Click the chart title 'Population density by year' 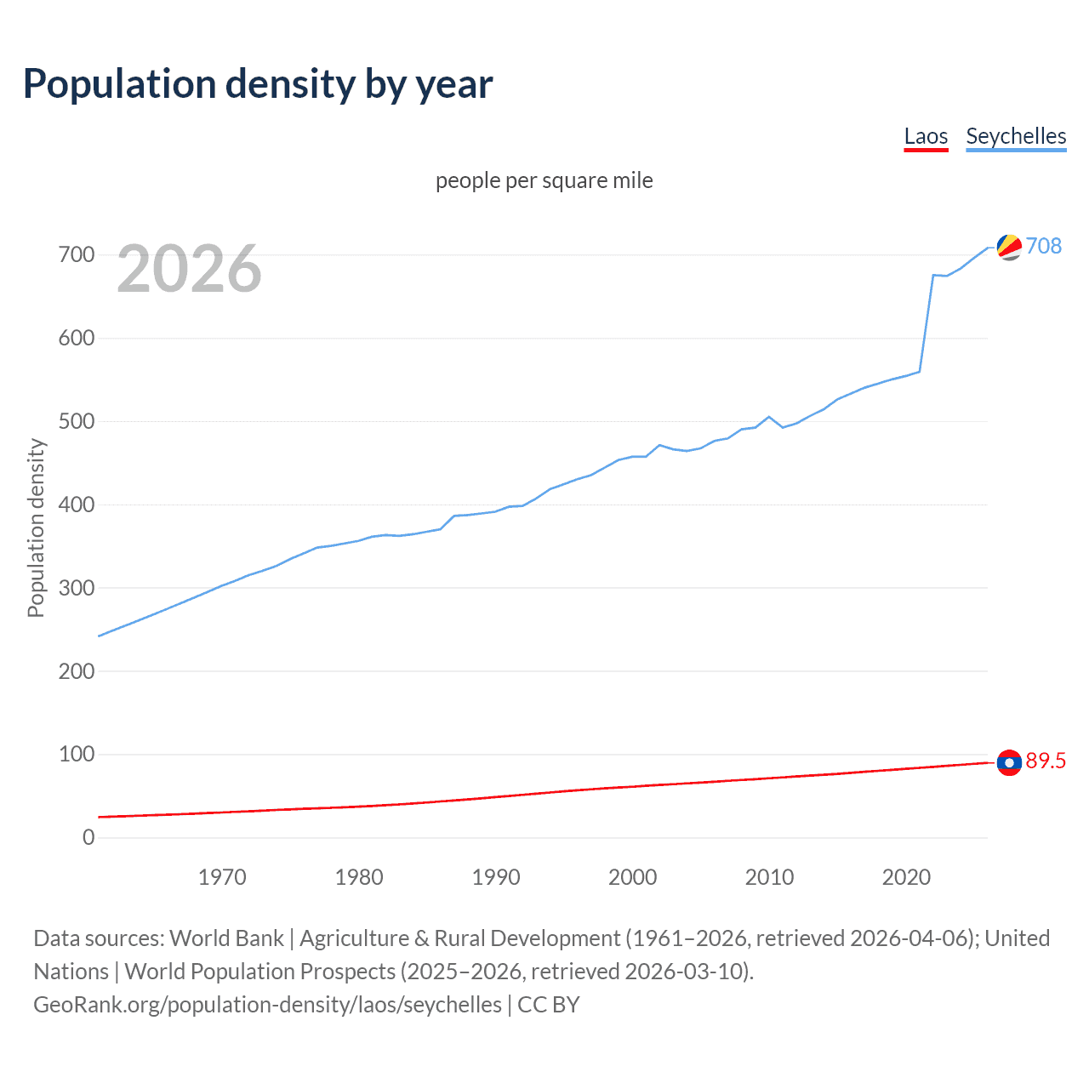point(258,84)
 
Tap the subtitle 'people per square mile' point(544,180)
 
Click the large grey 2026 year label point(189,269)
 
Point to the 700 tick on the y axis point(77,254)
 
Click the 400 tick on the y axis point(77,505)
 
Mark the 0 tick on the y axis point(88,837)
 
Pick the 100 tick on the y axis point(77,754)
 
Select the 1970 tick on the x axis point(222,877)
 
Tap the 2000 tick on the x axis point(632,877)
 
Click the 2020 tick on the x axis point(906,877)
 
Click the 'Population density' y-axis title point(36,527)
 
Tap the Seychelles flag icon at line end point(1009,247)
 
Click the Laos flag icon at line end point(1009,762)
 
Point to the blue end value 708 point(1044,246)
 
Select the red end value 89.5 point(1046,761)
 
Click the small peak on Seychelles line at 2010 point(769,417)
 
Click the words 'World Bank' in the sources point(226,938)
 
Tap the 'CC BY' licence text point(549,1005)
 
